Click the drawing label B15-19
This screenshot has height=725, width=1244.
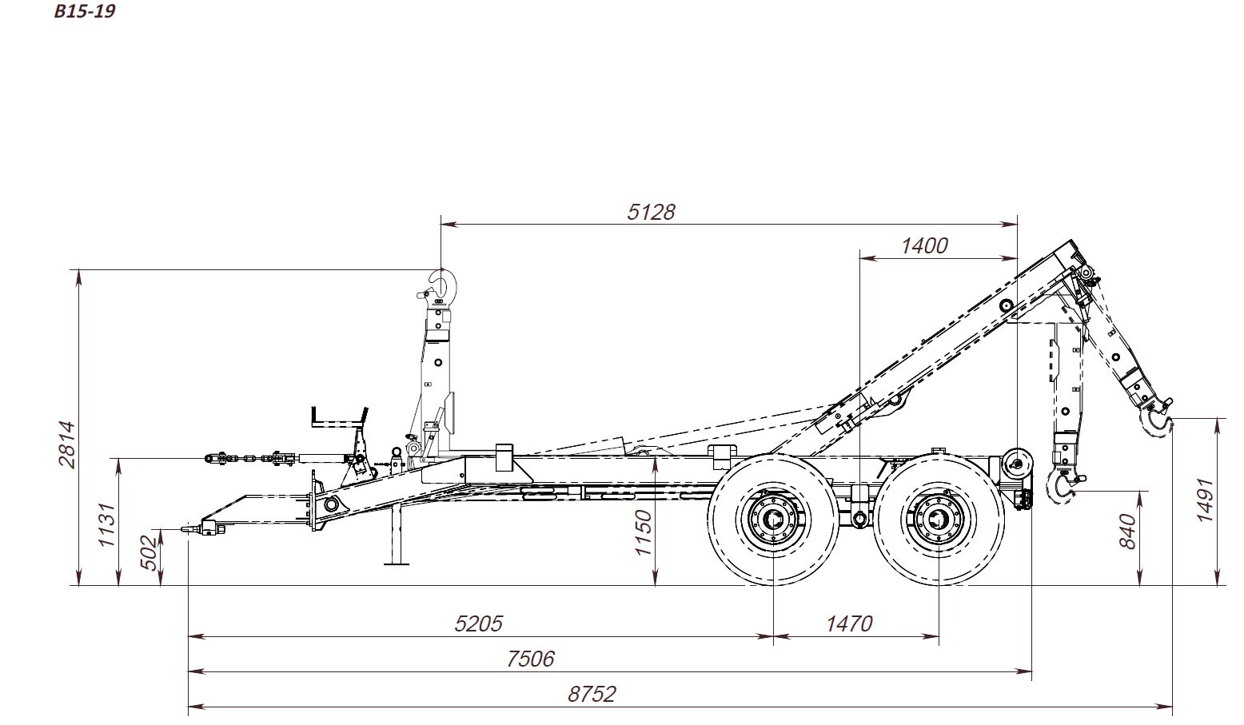[x=85, y=11]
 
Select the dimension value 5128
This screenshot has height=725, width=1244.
[x=651, y=212]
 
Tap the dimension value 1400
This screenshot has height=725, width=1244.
[x=924, y=246]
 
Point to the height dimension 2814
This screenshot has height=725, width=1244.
[x=66, y=444]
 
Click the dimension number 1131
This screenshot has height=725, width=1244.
[x=106, y=525]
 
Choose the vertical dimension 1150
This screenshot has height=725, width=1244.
[x=643, y=532]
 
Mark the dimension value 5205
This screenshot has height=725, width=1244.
[x=478, y=624]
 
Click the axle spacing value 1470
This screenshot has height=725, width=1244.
[x=849, y=624]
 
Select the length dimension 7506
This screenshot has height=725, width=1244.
[x=530, y=659]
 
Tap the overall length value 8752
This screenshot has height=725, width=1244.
[x=592, y=694]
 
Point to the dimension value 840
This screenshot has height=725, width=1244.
[x=1128, y=532]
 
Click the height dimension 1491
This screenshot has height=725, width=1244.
[x=1204, y=500]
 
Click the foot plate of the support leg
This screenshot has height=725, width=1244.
[x=397, y=564]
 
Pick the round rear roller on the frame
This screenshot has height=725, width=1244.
[x=1018, y=463]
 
